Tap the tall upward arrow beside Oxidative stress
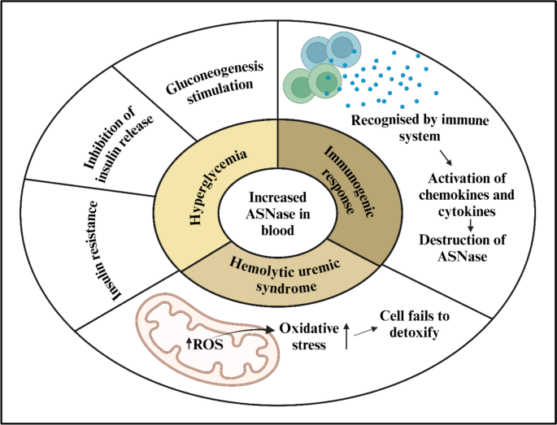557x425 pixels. tap(346, 335)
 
